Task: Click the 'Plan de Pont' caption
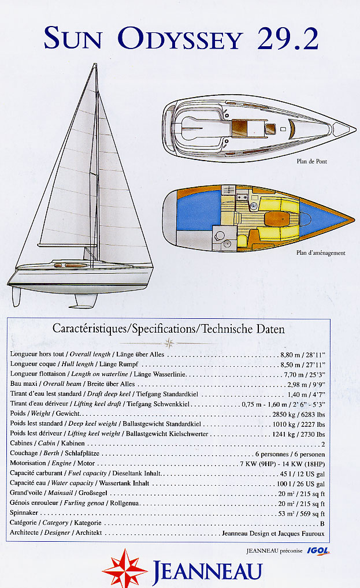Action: click(311, 162)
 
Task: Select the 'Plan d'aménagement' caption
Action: click(321, 252)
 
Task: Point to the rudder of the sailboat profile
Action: click(17, 296)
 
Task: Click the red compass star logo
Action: click(124, 569)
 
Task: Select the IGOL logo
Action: click(318, 551)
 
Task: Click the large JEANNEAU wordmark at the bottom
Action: click(207, 571)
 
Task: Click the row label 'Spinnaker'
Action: click(25, 513)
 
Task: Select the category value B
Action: click(322, 523)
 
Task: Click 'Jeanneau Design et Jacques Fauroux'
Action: click(273, 533)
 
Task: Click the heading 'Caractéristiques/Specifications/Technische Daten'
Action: click(169, 329)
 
